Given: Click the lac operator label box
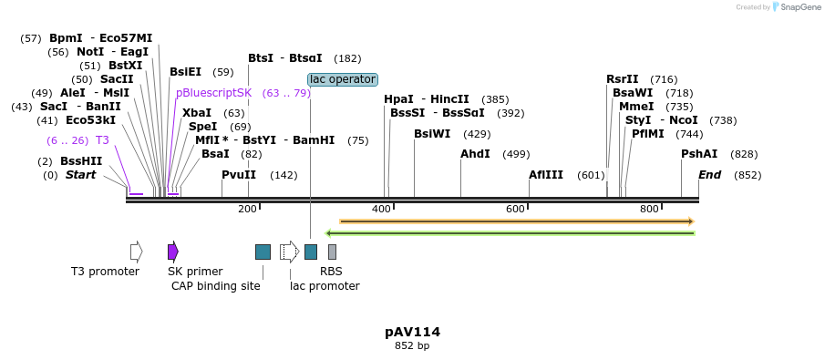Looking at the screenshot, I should [342, 79].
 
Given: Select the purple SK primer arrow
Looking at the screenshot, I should [173, 252].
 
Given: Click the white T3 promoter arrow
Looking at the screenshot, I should [136, 252].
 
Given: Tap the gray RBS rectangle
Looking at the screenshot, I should [332, 252].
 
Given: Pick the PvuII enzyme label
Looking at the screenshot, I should [239, 175].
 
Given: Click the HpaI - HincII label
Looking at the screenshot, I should [427, 99].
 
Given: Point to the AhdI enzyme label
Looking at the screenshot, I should [475, 154].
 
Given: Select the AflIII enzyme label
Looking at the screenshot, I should [547, 175].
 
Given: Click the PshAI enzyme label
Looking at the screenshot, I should [699, 154].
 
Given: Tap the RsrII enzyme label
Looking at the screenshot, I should [623, 79].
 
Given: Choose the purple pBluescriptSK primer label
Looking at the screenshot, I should [213, 93].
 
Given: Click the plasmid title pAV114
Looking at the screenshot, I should [412, 332].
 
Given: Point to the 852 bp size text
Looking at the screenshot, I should [412, 346].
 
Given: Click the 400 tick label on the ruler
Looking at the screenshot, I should [381, 210].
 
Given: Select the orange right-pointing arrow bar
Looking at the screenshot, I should [517, 221].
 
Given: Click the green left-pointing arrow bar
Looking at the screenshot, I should [510, 233].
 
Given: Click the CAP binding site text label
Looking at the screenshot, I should [216, 286].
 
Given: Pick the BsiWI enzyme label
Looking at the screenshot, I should [432, 134].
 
